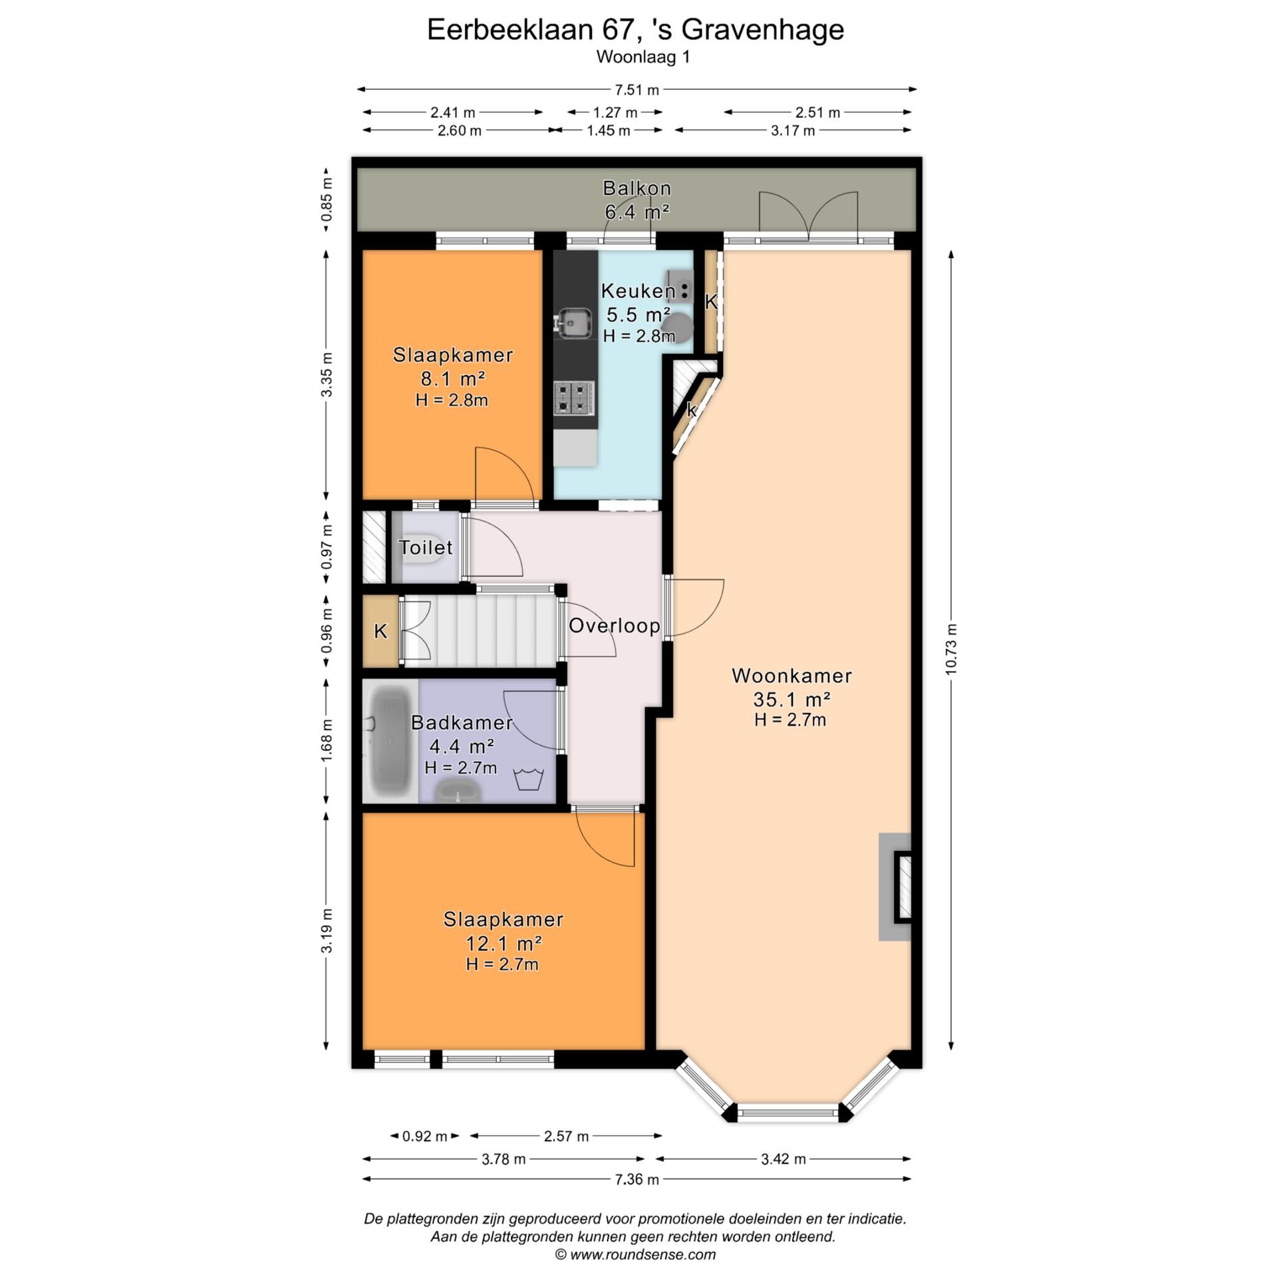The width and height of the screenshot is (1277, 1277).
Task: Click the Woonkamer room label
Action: point(791,676)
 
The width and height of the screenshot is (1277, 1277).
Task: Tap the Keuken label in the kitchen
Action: point(638,291)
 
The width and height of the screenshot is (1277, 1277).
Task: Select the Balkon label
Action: point(637,188)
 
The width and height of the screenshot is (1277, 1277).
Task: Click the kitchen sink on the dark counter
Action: point(575,323)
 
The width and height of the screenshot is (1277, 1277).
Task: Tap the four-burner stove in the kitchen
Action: point(574,397)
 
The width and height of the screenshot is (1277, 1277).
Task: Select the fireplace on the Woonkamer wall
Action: point(895,887)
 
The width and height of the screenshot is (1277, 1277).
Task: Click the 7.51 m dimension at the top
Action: point(637,90)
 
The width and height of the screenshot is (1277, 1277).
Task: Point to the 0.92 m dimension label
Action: point(424,1135)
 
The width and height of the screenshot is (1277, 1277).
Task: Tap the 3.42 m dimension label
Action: point(783,1159)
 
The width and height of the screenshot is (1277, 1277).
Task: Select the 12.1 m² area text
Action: point(503,943)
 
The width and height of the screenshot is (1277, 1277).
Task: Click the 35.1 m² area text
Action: point(791,699)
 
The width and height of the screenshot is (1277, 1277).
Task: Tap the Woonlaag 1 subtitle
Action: point(643,57)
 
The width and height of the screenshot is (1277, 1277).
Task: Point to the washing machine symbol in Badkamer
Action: point(529,778)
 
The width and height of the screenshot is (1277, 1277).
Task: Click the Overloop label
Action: point(614,625)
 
